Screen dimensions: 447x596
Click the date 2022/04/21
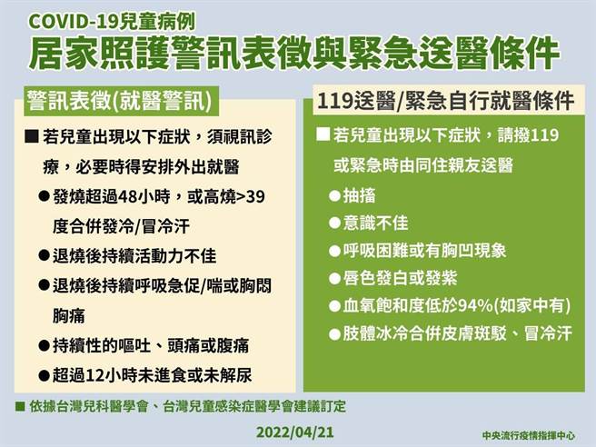pyautogui.click(x=296, y=427)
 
